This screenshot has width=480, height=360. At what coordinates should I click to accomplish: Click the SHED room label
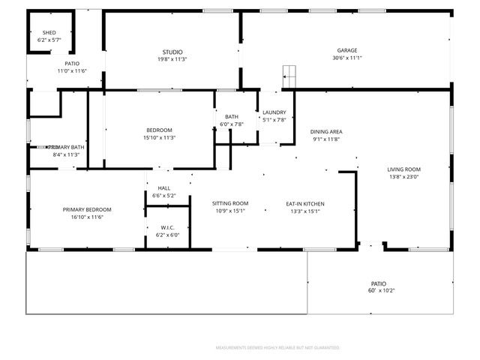pos(49,33)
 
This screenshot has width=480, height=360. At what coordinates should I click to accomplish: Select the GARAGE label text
pos(346,50)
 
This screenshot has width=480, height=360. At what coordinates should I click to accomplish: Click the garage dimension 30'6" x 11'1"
pos(346,58)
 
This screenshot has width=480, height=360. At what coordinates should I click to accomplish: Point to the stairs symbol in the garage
pos(289,74)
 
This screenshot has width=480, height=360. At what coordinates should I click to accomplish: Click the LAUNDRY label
pos(274,112)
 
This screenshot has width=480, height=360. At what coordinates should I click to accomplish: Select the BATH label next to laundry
pos(232,116)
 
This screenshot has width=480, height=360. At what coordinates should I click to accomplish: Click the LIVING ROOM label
pos(403,169)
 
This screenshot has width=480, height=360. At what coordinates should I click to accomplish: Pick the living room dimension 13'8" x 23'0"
pos(403,177)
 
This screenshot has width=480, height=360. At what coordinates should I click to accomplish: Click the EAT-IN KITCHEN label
pos(304,203)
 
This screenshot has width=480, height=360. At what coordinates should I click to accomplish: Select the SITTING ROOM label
pos(230,203)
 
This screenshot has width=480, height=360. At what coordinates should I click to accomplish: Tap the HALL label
pos(163,188)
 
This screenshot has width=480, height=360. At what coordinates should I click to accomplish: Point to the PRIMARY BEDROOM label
pos(87,209)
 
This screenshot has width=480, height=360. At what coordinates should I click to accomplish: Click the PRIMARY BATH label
pos(66,147)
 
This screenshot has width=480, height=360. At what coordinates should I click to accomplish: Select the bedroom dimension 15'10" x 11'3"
pos(159,137)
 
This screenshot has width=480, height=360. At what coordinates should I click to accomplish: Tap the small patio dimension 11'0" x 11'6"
pos(72,70)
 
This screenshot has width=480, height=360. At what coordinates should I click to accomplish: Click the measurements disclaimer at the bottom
pos(277,348)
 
